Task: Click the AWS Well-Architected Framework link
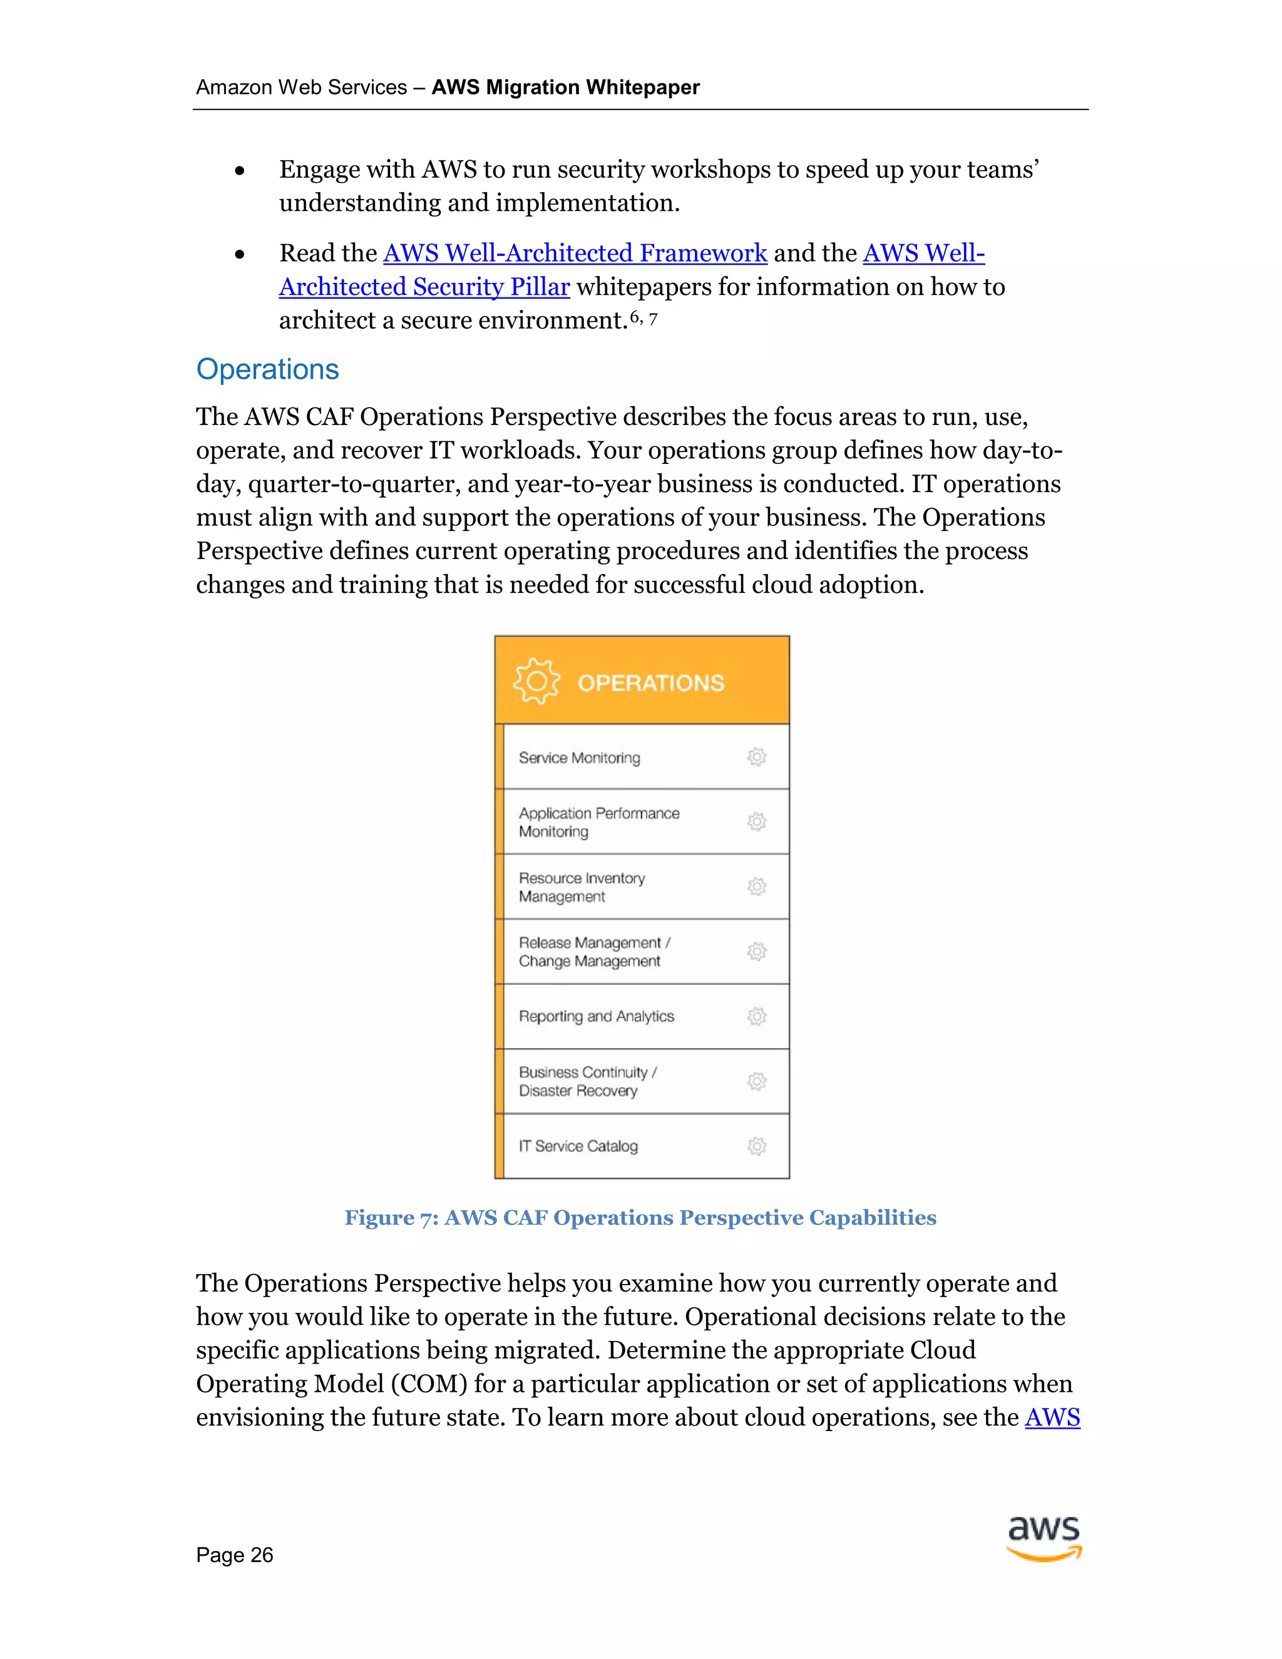[x=575, y=253]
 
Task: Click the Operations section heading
[x=267, y=369]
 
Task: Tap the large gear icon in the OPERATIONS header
[x=536, y=681]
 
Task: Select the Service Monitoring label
[x=580, y=758]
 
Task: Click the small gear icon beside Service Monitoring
[x=756, y=757]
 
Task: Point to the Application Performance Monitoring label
[x=598, y=822]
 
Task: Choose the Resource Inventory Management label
[x=582, y=886]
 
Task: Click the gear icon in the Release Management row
[x=756, y=951]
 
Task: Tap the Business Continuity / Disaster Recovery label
[x=587, y=1081]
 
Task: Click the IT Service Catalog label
[x=578, y=1146]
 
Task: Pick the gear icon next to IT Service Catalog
[x=756, y=1146]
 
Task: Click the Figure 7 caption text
[x=640, y=1218]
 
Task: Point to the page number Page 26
[x=234, y=1555]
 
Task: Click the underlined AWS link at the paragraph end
[x=1052, y=1417]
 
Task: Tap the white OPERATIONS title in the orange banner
[x=651, y=683]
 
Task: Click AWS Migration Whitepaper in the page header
[x=566, y=88]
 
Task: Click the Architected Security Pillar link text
[x=424, y=287]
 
